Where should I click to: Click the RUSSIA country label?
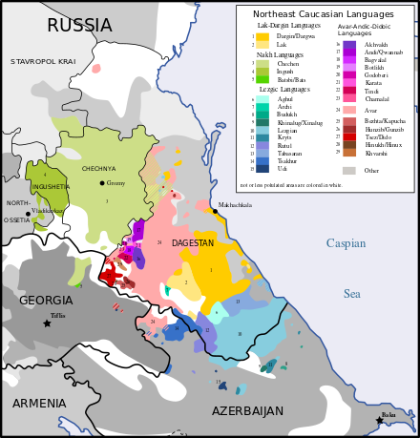(x=79, y=26)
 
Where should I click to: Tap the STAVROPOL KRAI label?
(x=43, y=61)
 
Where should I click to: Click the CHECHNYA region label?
(x=98, y=169)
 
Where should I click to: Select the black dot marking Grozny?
(x=102, y=182)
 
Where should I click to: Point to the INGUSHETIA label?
(x=51, y=187)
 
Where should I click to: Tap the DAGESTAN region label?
(x=192, y=243)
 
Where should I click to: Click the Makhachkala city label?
(x=235, y=205)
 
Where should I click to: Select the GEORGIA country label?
(x=45, y=301)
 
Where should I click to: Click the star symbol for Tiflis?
(x=47, y=323)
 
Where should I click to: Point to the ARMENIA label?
(x=39, y=404)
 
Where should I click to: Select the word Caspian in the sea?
(x=346, y=243)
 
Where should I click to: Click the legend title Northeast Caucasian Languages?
(x=324, y=14)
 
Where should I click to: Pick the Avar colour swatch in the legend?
(x=349, y=110)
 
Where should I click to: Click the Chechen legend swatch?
(x=262, y=64)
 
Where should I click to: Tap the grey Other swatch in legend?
(x=349, y=171)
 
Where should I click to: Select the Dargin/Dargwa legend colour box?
(x=262, y=36)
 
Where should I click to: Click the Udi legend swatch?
(x=262, y=168)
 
